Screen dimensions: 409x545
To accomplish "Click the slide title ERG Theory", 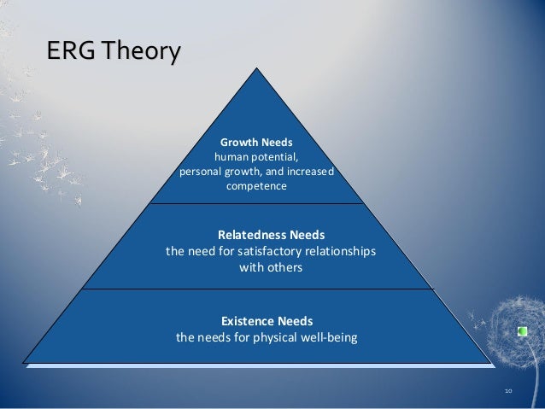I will tap(113, 52).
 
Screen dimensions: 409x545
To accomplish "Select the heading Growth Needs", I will tap(256, 142).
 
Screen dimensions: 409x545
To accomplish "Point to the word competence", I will tap(256, 186).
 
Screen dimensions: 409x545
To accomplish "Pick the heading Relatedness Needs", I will tap(271, 234).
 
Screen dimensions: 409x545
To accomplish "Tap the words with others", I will tap(271, 267).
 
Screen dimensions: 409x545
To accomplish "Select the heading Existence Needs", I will tap(267, 321).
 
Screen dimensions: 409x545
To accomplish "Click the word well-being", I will tap(326, 337).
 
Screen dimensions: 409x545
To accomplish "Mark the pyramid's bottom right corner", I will tap(492, 363).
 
